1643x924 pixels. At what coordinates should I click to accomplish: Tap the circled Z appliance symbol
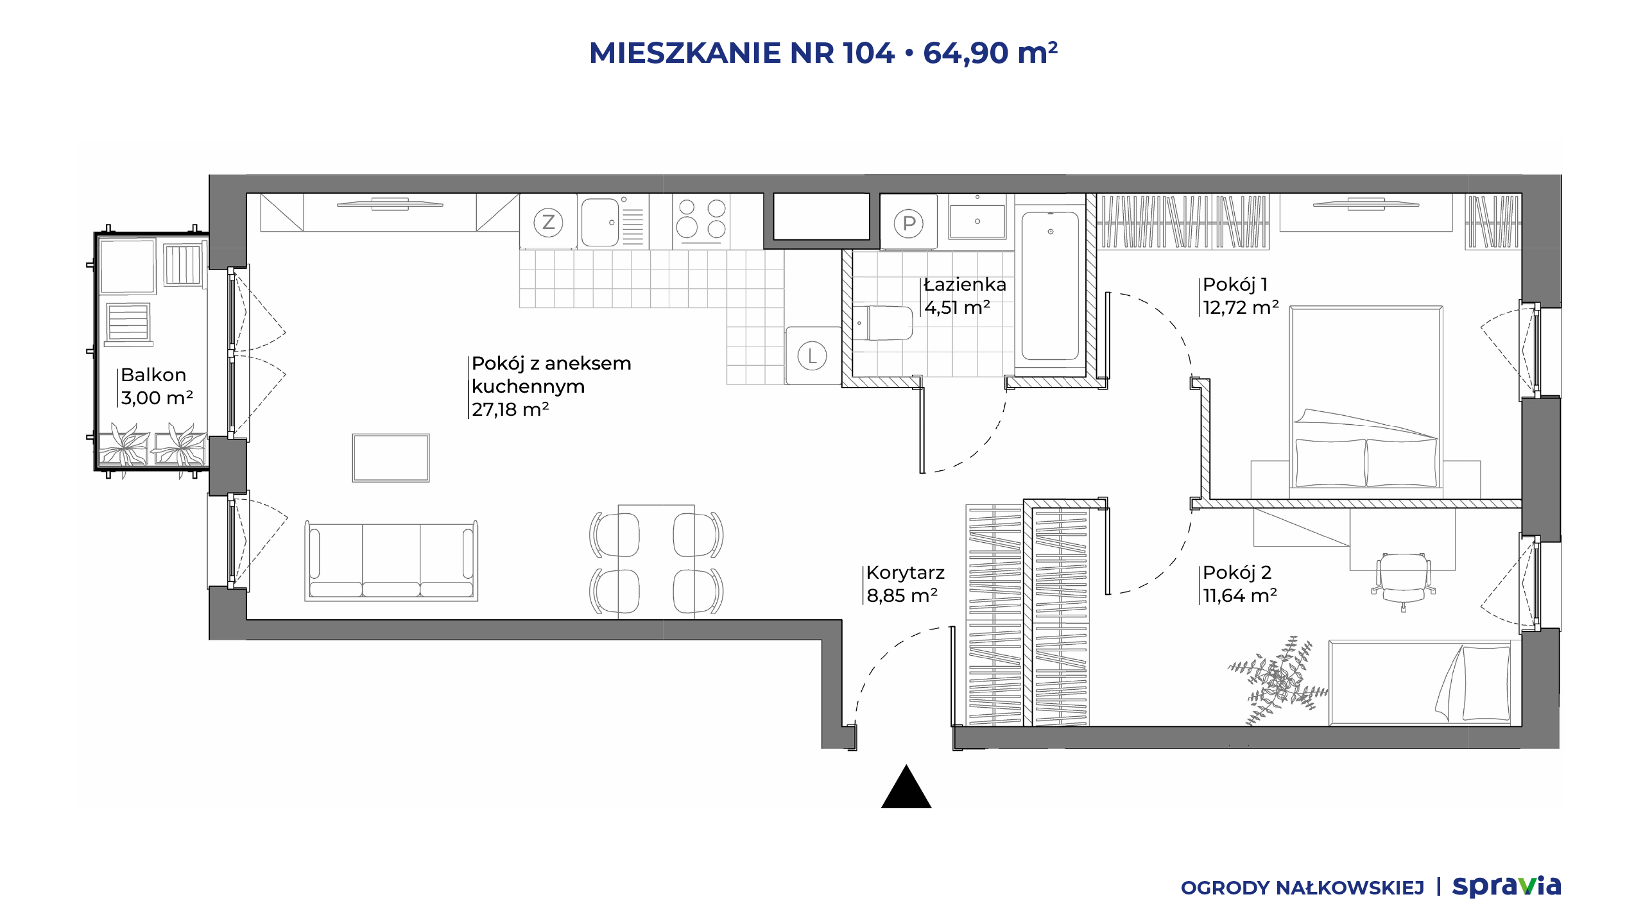click(x=548, y=223)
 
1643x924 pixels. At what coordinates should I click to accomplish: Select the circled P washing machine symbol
click(x=909, y=224)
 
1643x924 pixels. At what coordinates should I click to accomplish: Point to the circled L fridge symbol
click(x=813, y=355)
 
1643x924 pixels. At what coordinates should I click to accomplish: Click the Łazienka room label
click(x=965, y=284)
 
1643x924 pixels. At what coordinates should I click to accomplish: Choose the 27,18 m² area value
click(x=510, y=409)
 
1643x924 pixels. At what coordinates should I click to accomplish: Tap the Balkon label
click(x=153, y=375)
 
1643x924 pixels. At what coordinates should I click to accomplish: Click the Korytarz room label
click(x=906, y=572)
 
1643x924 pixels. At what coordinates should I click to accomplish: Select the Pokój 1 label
click(x=1235, y=284)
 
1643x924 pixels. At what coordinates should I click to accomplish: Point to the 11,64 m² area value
click(x=1240, y=595)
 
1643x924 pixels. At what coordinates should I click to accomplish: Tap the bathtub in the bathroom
click(x=1050, y=286)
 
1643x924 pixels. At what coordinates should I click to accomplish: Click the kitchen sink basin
click(x=599, y=222)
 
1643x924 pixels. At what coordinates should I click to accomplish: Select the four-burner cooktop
click(x=701, y=221)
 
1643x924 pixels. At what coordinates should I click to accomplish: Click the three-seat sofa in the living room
click(x=391, y=560)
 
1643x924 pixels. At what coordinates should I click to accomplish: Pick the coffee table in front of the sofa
click(x=391, y=458)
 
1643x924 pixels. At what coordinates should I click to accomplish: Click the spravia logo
click(x=1507, y=887)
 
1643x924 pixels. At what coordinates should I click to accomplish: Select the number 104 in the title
click(x=869, y=53)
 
